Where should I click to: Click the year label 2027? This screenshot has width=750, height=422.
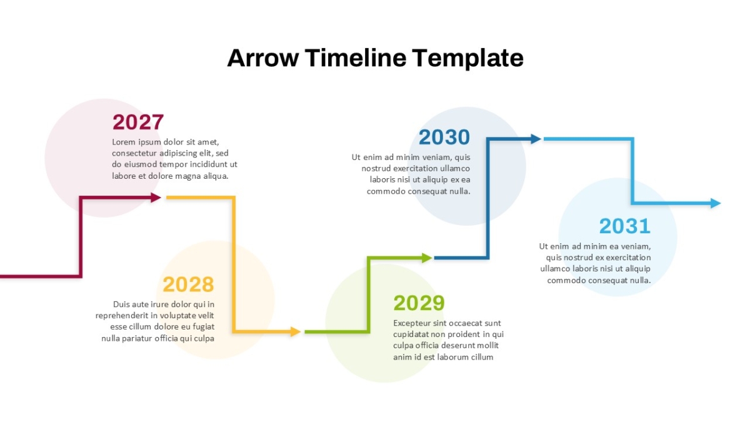tap(138, 122)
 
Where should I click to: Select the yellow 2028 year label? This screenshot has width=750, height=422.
tap(188, 284)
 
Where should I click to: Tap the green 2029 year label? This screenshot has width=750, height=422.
tap(419, 303)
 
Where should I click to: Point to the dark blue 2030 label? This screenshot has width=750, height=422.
tap(444, 137)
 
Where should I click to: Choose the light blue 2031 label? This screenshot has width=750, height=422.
tap(625, 226)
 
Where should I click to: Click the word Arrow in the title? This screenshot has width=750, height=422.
tap(263, 58)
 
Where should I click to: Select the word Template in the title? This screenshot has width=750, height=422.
tap(467, 59)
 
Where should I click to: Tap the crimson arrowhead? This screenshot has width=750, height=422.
tap(156, 198)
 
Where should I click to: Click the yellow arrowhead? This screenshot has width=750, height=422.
tap(296, 331)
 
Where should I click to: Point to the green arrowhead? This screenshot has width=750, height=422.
tap(427, 258)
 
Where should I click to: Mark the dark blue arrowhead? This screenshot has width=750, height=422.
tap(536, 139)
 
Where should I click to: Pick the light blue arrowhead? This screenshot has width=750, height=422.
tap(716, 203)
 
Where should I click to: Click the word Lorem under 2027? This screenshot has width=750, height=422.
tap(124, 142)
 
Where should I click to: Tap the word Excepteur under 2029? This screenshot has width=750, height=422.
tap(412, 323)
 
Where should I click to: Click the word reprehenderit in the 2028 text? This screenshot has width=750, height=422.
tap(122, 316)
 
